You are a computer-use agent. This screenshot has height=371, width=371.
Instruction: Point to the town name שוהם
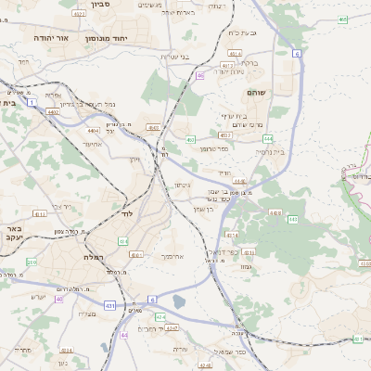257,93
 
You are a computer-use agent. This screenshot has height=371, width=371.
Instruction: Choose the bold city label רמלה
96,256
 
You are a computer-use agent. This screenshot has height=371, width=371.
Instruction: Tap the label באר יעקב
12,232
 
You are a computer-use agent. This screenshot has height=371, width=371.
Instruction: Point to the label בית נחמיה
268,151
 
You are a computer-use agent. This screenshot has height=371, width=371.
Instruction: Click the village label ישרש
38,296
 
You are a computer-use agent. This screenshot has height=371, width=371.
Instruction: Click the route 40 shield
58,299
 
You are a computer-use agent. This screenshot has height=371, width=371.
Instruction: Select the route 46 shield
199,76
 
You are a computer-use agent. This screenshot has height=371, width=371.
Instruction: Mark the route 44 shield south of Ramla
123,336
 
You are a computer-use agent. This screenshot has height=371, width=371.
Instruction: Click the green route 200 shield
31,262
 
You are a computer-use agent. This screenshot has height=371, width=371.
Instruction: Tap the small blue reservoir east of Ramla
178,301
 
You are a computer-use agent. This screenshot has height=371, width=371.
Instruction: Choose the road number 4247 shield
172,316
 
